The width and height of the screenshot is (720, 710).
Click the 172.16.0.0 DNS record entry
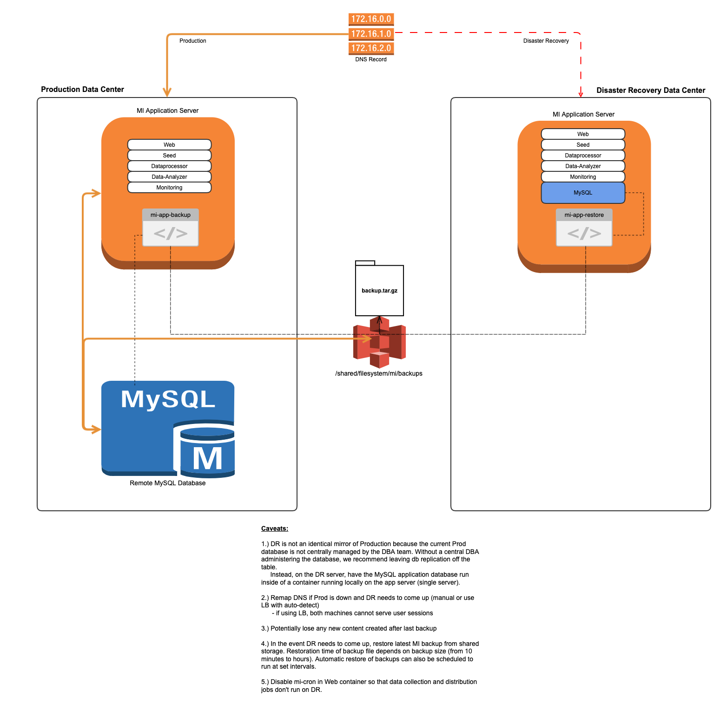coord(371,19)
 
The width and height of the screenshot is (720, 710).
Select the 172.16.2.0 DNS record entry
coord(371,48)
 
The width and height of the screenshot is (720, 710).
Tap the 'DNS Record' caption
coord(371,59)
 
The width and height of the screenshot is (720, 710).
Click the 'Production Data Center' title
coord(82,89)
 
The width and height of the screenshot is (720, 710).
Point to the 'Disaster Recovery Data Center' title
coord(651,90)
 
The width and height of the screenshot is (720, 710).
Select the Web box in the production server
coord(169,145)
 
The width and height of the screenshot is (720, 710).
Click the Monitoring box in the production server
coord(169,188)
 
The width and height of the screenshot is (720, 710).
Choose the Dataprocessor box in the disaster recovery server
coord(583,156)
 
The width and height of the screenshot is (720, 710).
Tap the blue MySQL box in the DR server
coord(583,193)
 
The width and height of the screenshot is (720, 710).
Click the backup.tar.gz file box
coord(379,291)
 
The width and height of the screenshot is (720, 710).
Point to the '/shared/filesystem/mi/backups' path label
coord(379,373)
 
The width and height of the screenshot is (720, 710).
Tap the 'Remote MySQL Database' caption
coord(167,483)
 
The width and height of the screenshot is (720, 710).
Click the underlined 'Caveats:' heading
coord(275,528)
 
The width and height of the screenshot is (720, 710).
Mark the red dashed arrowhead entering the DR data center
coord(581,94)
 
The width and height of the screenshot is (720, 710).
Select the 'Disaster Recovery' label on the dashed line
coord(546,41)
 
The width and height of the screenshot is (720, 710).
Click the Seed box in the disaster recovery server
coord(583,145)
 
